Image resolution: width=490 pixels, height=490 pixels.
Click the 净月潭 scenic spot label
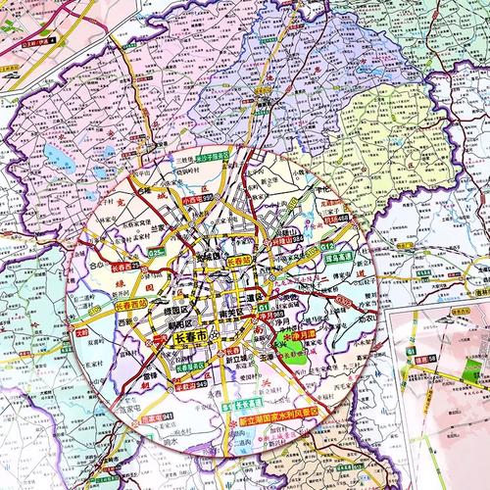point(303,336)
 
